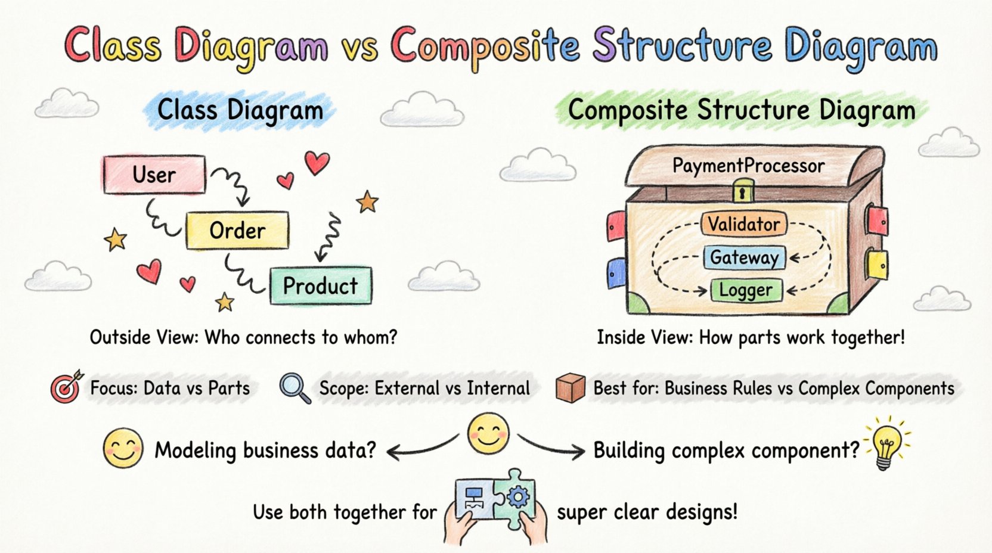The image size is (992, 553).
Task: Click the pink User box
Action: (x=154, y=175)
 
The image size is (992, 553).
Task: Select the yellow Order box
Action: (x=237, y=230)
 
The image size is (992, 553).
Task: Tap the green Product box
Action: (x=320, y=286)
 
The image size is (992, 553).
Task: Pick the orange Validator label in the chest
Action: (x=743, y=224)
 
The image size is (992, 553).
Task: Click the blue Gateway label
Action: (x=744, y=257)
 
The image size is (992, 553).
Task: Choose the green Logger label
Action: (x=745, y=290)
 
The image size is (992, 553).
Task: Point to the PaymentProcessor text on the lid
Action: (x=748, y=166)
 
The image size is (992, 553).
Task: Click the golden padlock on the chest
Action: (x=742, y=193)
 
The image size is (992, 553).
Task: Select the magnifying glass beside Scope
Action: (x=294, y=388)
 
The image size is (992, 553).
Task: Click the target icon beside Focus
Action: (x=66, y=387)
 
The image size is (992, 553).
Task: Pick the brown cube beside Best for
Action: (x=570, y=388)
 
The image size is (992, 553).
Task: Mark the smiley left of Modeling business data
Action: (x=123, y=448)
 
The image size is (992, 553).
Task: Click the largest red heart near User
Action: (x=317, y=161)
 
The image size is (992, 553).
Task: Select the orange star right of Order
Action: (x=367, y=203)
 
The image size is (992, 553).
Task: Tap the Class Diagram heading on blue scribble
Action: (x=240, y=111)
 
